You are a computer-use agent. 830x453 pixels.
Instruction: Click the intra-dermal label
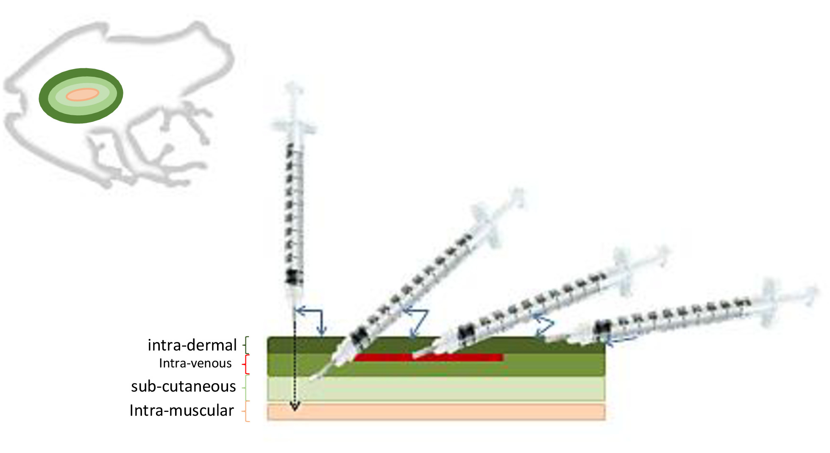(192, 345)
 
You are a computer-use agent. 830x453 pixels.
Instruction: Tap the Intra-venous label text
(195, 363)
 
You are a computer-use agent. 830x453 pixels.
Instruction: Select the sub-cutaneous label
(183, 386)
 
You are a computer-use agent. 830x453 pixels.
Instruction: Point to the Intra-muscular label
(181, 410)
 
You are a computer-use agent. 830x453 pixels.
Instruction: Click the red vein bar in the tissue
(428, 358)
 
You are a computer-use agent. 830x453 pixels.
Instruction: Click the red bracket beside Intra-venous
(247, 364)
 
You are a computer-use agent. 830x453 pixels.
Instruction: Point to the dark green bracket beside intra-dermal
(246, 345)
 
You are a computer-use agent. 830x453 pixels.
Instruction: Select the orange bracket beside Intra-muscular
(247, 411)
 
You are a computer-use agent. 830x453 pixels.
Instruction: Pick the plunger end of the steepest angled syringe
(517, 197)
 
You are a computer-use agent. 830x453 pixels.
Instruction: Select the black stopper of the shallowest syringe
(602, 328)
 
